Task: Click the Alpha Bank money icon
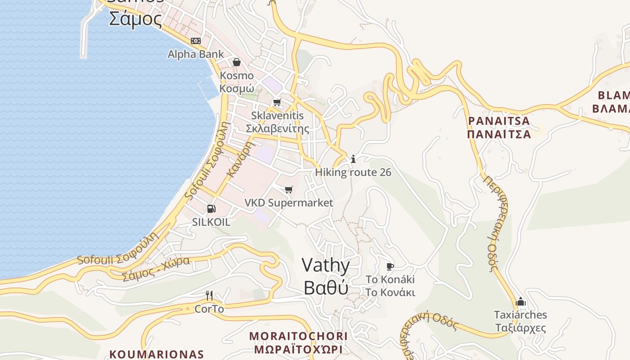pyautogui.click(x=196, y=41)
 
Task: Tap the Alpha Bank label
pyautogui.click(x=196, y=54)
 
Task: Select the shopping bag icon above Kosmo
pyautogui.click(x=237, y=62)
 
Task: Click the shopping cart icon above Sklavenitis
pyautogui.click(x=277, y=102)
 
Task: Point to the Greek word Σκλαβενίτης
pyautogui.click(x=277, y=129)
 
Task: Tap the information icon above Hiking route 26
pyautogui.click(x=353, y=159)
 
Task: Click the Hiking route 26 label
pyautogui.click(x=353, y=172)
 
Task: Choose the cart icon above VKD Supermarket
pyautogui.click(x=289, y=189)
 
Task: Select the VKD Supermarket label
pyautogui.click(x=289, y=203)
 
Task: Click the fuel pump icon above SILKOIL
pyautogui.click(x=211, y=209)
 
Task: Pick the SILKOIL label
pyautogui.click(x=211, y=222)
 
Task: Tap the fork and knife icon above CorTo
pyautogui.click(x=209, y=296)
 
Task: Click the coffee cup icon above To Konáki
pyautogui.click(x=390, y=266)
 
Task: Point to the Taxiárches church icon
pyautogui.click(x=521, y=301)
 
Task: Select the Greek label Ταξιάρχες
pyautogui.click(x=521, y=327)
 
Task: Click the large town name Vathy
pyautogui.click(x=326, y=265)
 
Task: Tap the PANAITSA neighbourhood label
pyautogui.click(x=499, y=121)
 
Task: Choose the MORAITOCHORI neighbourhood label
pyautogui.click(x=298, y=336)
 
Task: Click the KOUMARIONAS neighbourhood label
pyautogui.click(x=157, y=354)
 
